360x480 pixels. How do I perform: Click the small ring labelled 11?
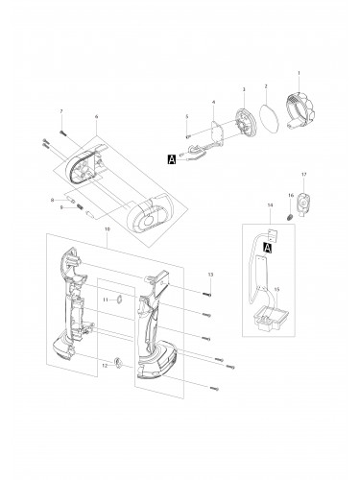click(120, 300)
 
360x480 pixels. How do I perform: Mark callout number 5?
click(187, 116)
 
